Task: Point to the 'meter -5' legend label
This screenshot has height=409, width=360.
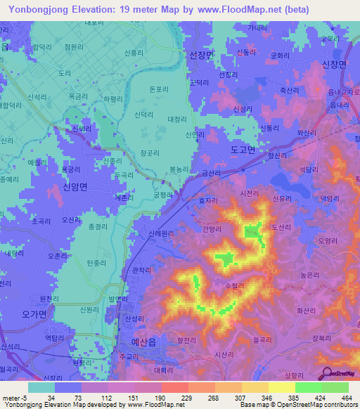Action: tap(14, 398)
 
